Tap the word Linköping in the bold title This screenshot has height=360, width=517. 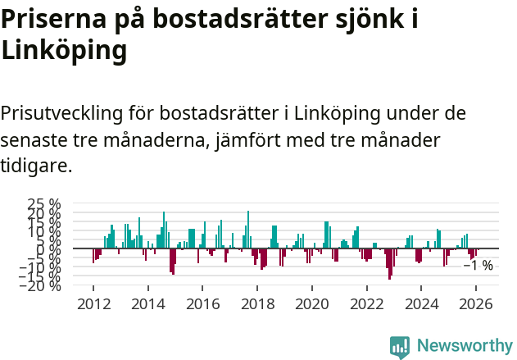coord(64,51)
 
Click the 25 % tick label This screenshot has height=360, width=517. coord(44,203)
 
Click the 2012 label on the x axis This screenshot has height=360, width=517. coord(93,303)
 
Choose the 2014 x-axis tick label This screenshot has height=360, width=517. coord(148,303)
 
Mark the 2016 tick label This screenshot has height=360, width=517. coord(203,303)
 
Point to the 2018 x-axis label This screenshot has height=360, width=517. coord(258,303)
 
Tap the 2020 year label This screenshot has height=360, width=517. coord(312,303)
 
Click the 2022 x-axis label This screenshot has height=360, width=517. coord(367,303)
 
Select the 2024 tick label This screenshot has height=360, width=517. coord(422,303)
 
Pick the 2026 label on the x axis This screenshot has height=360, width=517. coord(477,303)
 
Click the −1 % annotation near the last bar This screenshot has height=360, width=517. coord(478,266)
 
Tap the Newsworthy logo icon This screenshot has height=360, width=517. coord(400,346)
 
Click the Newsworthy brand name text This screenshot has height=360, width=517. coord(465,346)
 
